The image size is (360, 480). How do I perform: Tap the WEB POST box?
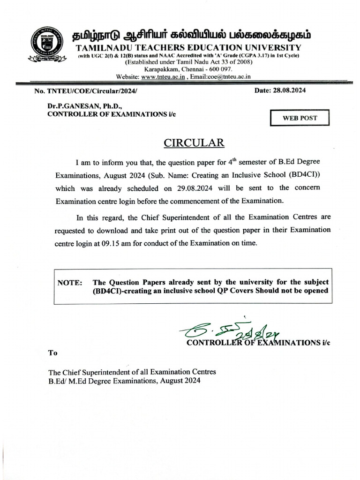(x=300, y=118)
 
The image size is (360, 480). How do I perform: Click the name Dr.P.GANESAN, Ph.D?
(x=82, y=106)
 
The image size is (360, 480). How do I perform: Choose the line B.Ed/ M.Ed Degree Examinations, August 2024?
(x=124, y=381)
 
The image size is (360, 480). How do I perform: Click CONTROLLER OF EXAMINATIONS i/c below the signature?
(x=258, y=343)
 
